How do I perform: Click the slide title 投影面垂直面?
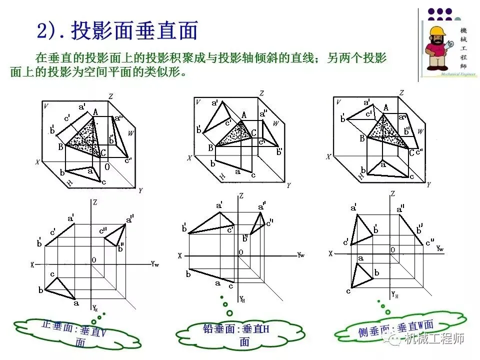pyautogui.click(x=134, y=30)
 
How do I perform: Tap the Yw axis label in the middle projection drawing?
pyautogui.click(x=300, y=255)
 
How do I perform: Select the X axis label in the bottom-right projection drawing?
pyautogui.click(x=330, y=254)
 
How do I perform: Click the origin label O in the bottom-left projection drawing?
pyautogui.click(x=93, y=260)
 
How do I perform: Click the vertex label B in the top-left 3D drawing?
pyautogui.click(x=60, y=147)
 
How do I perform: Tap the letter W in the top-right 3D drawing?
pyautogui.click(x=421, y=131)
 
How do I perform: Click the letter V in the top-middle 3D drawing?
pyautogui.click(x=198, y=102)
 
